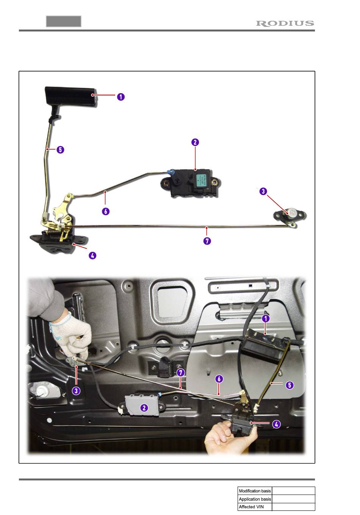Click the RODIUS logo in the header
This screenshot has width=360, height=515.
click(285, 23)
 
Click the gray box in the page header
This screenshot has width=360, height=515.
click(64, 21)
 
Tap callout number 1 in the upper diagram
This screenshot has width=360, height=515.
click(121, 97)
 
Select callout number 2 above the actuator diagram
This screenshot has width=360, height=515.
click(195, 142)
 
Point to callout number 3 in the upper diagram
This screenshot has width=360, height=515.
click(263, 191)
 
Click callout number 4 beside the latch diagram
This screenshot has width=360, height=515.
click(92, 256)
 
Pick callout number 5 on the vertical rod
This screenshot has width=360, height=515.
click(60, 150)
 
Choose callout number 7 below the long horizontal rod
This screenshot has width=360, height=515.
click(207, 241)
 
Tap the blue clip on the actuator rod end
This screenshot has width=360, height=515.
click(170, 172)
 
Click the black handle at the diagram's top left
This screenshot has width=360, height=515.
click(71, 96)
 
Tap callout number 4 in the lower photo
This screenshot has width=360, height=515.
click(276, 424)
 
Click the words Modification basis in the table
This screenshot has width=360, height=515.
click(255, 491)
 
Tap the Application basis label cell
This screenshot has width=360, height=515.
click(255, 499)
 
